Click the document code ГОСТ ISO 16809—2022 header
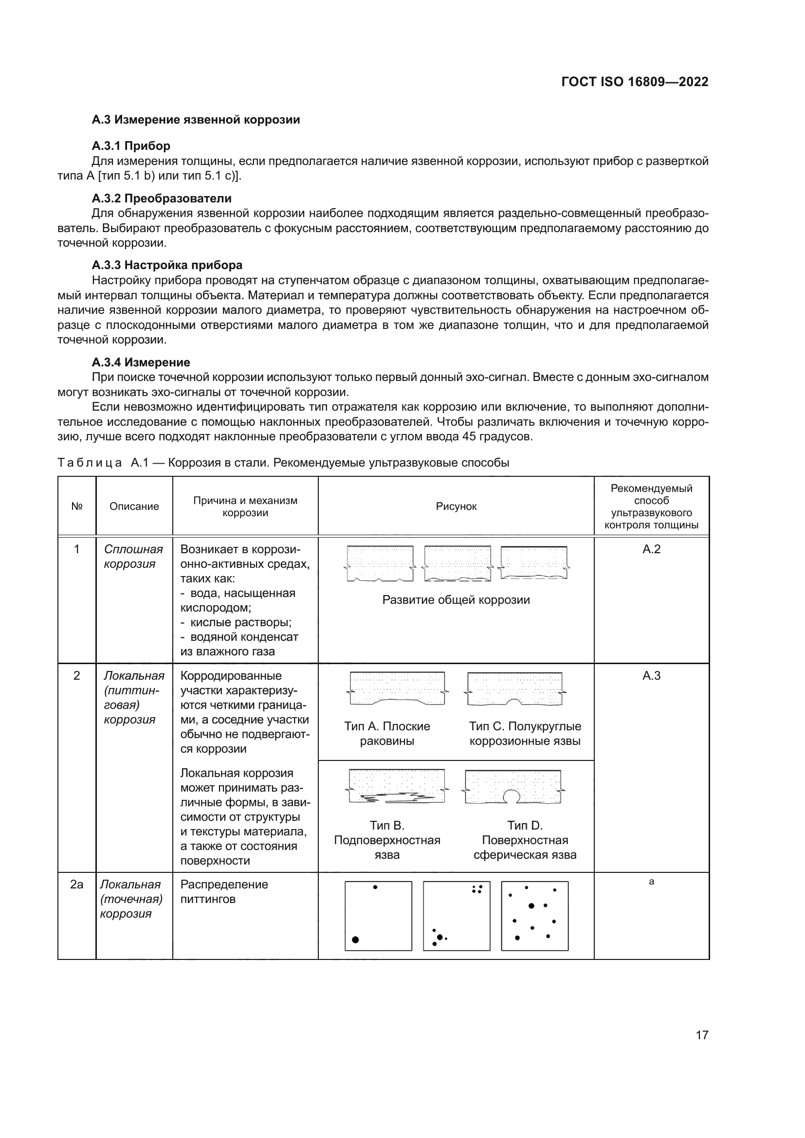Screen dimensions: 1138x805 point(635,82)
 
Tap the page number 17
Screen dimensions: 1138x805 point(702,1035)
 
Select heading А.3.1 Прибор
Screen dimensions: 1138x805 point(131,146)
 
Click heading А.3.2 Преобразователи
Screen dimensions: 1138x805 point(162,198)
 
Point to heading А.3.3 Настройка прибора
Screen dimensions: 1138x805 point(167,265)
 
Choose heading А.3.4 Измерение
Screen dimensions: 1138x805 point(141,362)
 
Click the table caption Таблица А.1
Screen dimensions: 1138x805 point(283,462)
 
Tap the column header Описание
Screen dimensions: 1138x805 point(134,506)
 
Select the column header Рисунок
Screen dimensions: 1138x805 point(456,506)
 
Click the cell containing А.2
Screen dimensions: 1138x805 point(651,549)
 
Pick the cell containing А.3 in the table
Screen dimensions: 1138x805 point(651,676)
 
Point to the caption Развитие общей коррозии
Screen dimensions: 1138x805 point(456,600)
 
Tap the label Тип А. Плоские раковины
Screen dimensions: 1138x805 point(387,734)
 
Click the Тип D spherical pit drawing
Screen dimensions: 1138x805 point(513,787)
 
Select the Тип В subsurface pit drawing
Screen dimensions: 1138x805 point(397,787)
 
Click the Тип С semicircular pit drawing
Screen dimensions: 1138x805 point(515,689)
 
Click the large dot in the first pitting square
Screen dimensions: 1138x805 point(355,940)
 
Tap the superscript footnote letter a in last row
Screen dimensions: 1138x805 point(651,882)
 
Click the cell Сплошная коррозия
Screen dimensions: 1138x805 point(133,556)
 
